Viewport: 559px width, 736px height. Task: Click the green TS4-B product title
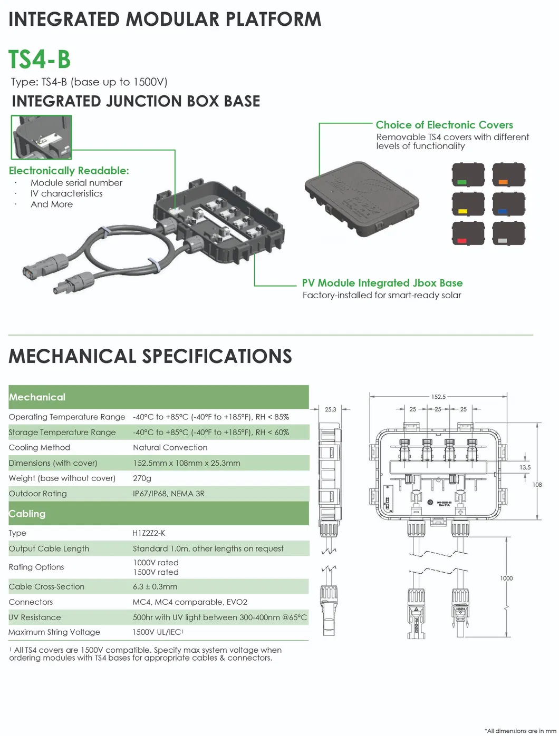(x=40, y=58)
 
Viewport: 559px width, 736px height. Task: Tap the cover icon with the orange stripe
(x=508, y=174)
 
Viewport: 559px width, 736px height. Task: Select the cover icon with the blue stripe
(x=508, y=204)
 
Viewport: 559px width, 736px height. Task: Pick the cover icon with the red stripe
(x=468, y=233)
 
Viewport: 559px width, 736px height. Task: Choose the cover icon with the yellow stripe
(x=468, y=204)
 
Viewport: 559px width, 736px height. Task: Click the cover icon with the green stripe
(x=468, y=174)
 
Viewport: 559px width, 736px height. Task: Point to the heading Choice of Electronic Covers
(x=444, y=125)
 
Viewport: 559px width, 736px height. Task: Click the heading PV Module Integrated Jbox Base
(x=382, y=283)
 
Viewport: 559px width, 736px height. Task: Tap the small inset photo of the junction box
(x=41, y=137)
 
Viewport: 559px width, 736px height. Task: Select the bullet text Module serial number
(x=76, y=183)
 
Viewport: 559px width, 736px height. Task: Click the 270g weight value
(x=142, y=478)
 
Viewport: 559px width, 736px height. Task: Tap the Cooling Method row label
(x=40, y=447)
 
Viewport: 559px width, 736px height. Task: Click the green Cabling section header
(x=27, y=514)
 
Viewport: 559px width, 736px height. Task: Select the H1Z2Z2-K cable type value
(x=149, y=533)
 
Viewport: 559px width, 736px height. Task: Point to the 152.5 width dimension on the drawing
(x=438, y=397)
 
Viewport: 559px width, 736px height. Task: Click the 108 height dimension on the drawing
(x=537, y=485)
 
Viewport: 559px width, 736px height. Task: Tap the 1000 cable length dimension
(x=506, y=578)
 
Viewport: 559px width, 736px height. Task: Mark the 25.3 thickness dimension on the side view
(x=331, y=409)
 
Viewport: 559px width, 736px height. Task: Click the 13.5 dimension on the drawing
(x=525, y=467)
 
